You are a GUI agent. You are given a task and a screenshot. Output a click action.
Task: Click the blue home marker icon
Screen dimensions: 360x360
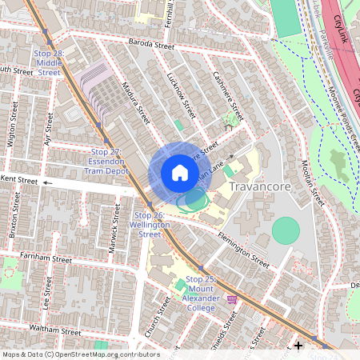179,172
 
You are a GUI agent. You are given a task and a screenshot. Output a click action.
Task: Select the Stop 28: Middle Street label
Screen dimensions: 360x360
48,62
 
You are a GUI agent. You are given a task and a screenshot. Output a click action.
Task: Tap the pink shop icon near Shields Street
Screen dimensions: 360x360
233,299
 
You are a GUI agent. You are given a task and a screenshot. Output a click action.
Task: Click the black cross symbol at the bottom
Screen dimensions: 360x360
298,346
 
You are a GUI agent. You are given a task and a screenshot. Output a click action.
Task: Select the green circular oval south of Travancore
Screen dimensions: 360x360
286,230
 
